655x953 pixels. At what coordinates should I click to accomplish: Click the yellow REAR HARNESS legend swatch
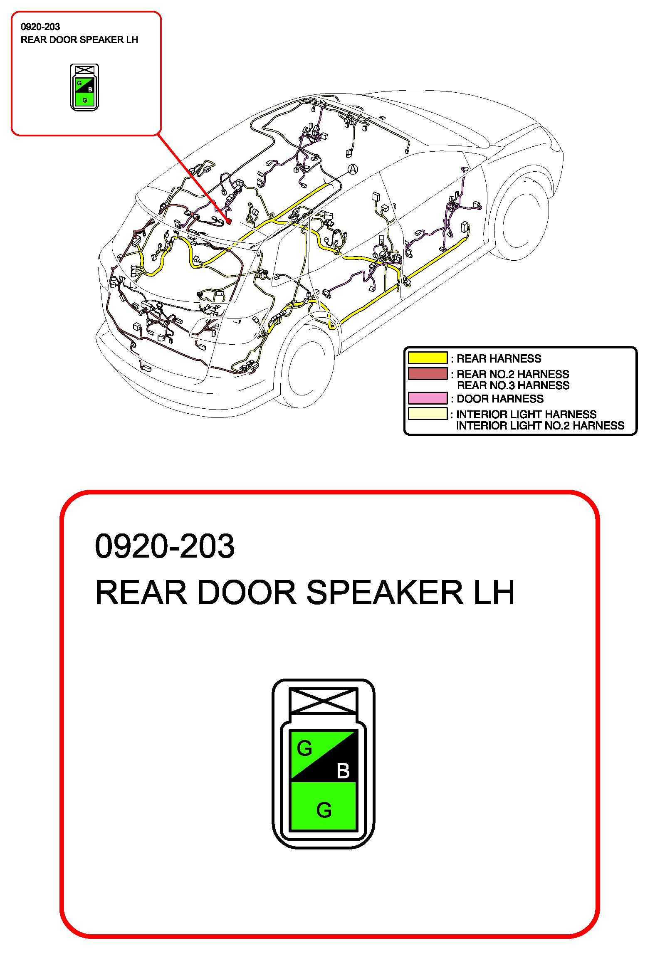(427, 358)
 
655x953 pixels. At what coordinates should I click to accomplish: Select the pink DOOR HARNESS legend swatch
(427, 398)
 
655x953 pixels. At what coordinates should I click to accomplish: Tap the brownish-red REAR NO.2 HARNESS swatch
(427, 373)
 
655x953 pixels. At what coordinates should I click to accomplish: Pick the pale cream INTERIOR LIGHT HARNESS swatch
(427, 414)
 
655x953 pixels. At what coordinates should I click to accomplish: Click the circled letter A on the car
(353, 169)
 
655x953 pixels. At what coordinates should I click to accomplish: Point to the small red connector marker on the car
(228, 221)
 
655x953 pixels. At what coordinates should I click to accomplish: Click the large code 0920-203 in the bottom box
(165, 546)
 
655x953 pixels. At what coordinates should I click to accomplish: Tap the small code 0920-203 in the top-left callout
(40, 27)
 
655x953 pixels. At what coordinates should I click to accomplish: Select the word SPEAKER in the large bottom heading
(384, 593)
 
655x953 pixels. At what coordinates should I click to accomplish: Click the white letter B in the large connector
(343, 770)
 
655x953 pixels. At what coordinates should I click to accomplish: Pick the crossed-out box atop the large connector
(323, 701)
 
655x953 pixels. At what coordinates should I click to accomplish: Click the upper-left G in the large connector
(304, 748)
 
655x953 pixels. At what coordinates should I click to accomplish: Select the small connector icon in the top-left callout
(84, 87)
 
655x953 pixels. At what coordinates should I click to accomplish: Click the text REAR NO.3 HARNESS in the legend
(513, 385)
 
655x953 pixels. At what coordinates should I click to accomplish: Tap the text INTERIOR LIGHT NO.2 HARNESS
(540, 426)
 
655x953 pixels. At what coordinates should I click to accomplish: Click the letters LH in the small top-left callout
(132, 40)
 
